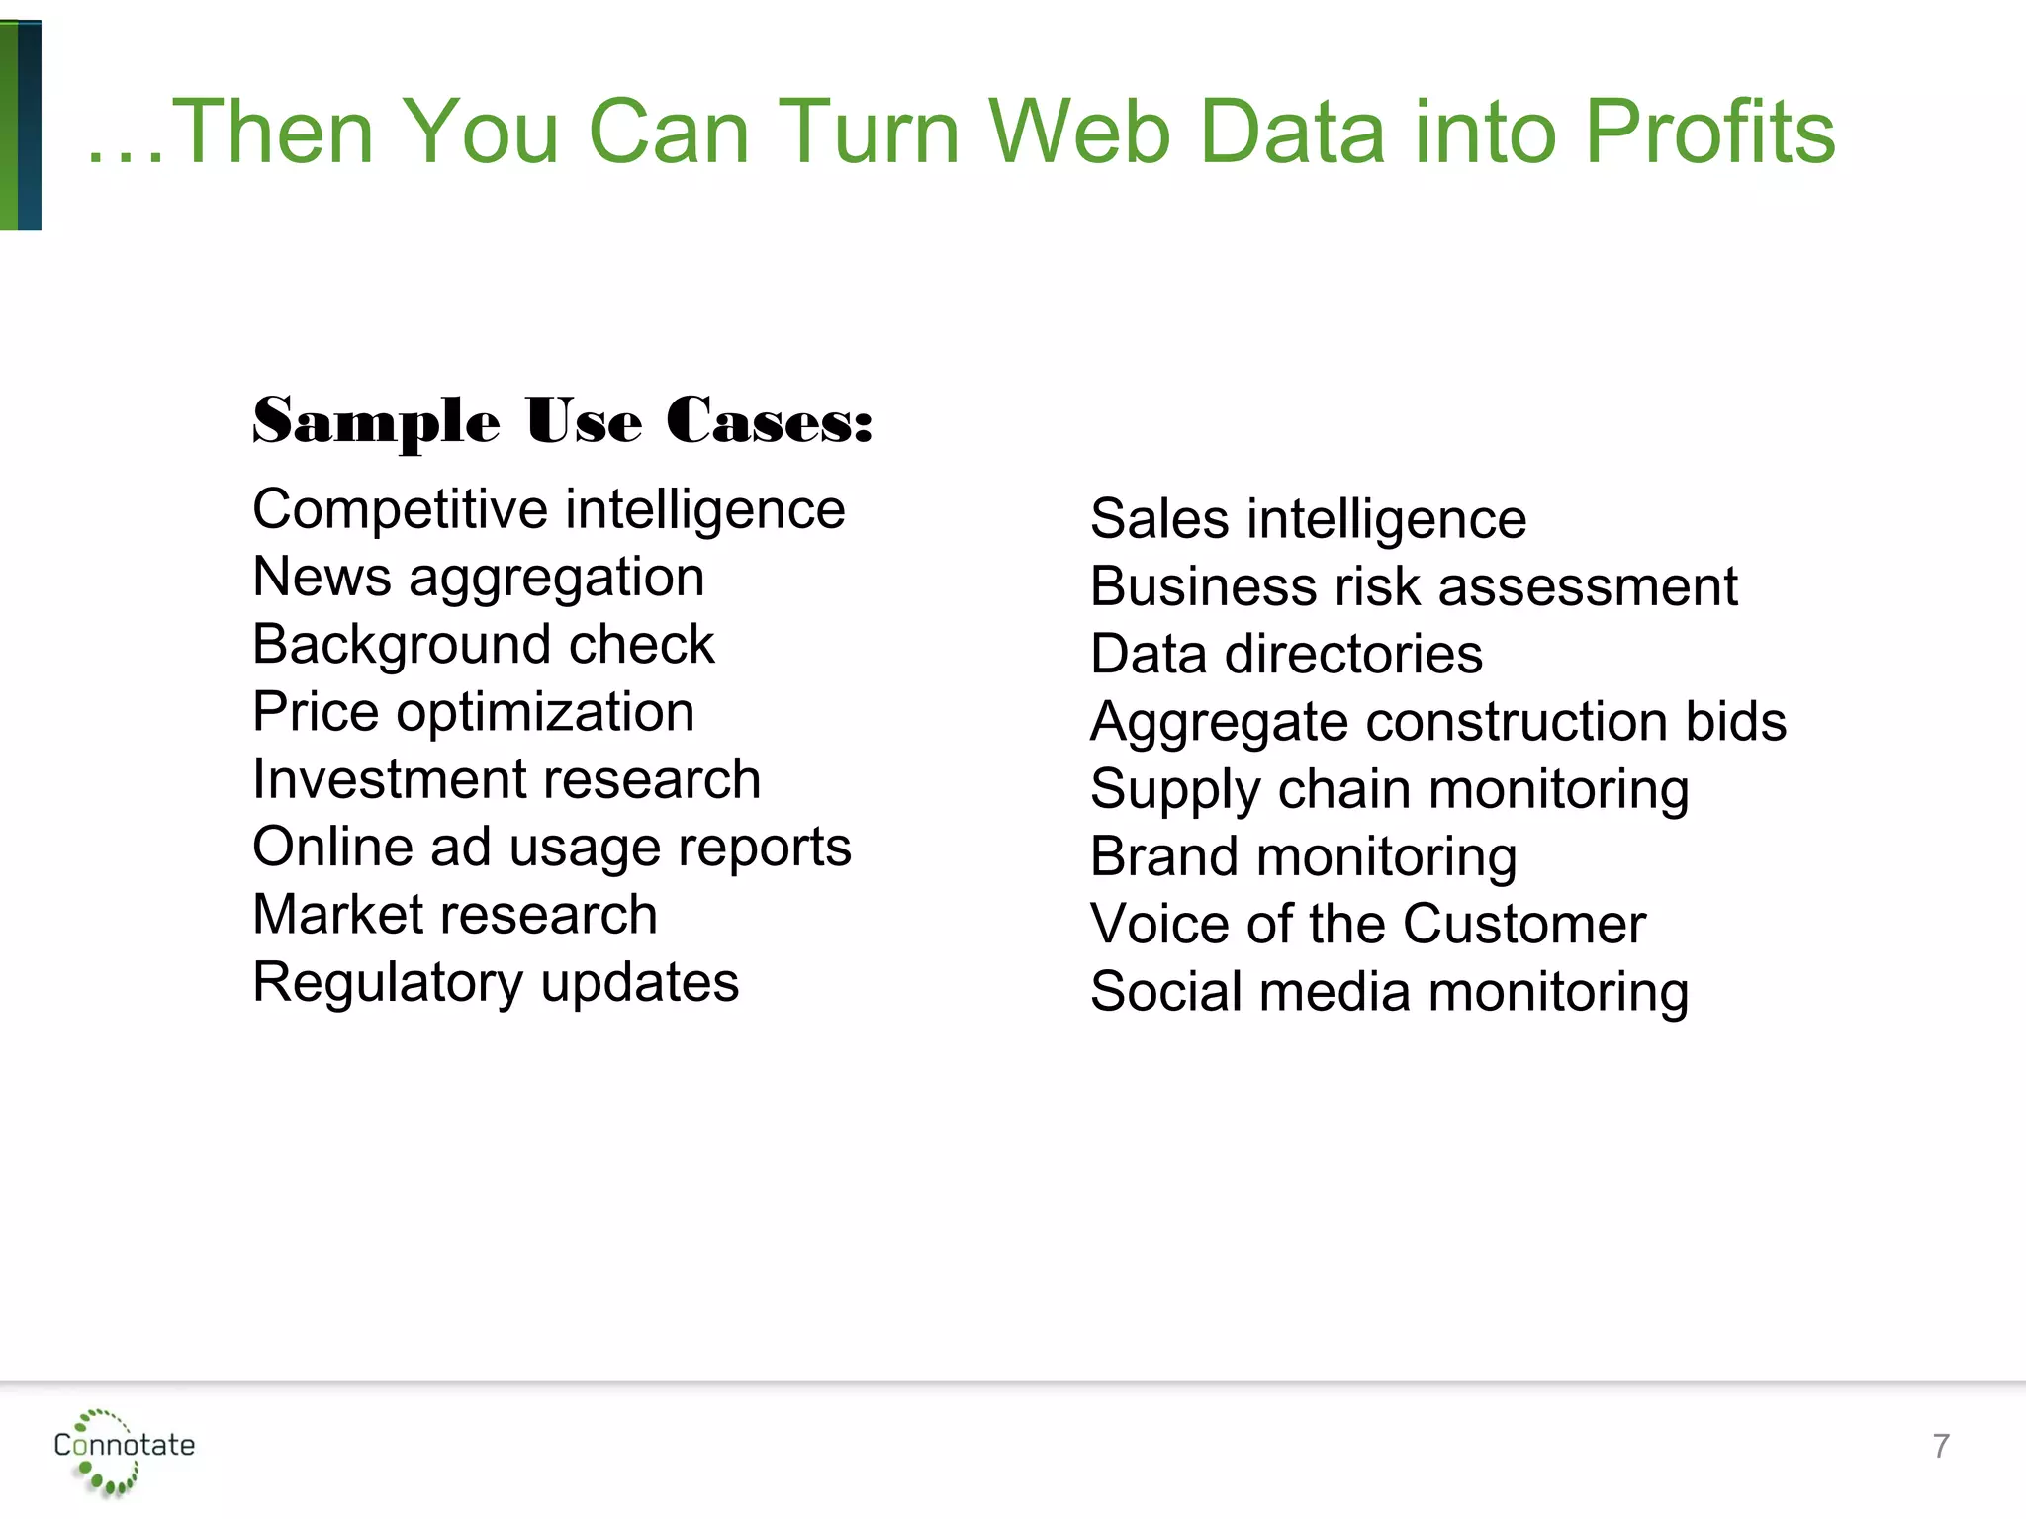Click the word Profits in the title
coord(1709,132)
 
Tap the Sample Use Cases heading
coord(562,421)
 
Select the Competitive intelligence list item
coord(549,510)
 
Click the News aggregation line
coord(479,578)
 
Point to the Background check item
coord(483,645)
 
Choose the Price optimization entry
coord(473,712)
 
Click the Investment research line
coord(506,779)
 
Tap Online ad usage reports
coord(552,848)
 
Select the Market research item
coord(455,915)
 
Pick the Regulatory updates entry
coord(496,983)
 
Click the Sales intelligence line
coord(1308,520)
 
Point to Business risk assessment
coord(1413,587)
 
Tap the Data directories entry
coord(1286,655)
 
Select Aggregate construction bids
coord(1437,722)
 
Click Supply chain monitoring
coord(1389,790)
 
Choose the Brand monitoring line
coord(1303,857)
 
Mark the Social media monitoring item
coord(1389,992)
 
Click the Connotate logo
coord(124,1447)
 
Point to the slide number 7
coord(1941,1447)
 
